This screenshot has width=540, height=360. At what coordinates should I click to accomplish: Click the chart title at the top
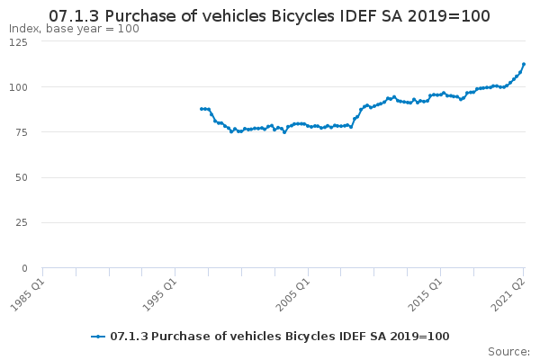[x=269, y=16]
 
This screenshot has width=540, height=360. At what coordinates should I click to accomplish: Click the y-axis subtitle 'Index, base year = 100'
[x=74, y=29]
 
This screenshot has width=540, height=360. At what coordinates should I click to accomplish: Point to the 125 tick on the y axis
[x=18, y=42]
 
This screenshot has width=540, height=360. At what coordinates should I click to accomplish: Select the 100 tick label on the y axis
[x=18, y=87]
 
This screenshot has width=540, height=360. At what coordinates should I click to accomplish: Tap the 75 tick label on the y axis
[x=22, y=132]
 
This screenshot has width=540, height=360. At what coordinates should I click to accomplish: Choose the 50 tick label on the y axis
[x=22, y=178]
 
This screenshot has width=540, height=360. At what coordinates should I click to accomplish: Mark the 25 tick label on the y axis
[x=22, y=223]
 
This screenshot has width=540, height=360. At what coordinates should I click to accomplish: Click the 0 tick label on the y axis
[x=24, y=268]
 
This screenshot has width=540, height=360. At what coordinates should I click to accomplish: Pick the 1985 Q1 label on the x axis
[x=28, y=295]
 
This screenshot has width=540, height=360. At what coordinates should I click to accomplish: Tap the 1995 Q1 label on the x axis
[x=160, y=295]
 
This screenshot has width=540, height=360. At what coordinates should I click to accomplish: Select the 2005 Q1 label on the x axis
[x=293, y=295]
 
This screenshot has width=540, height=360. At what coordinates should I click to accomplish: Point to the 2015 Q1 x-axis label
[x=425, y=295]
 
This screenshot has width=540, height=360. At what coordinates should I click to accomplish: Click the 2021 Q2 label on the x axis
[x=508, y=295]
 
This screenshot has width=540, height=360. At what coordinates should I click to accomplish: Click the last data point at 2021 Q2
[x=524, y=64]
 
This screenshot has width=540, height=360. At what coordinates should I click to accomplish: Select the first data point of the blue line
[x=202, y=109]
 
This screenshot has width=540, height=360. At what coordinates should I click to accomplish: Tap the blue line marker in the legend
[x=98, y=337]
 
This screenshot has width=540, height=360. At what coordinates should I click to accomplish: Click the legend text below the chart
[x=280, y=337]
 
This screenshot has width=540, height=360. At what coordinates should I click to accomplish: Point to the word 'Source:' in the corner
[x=508, y=352]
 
